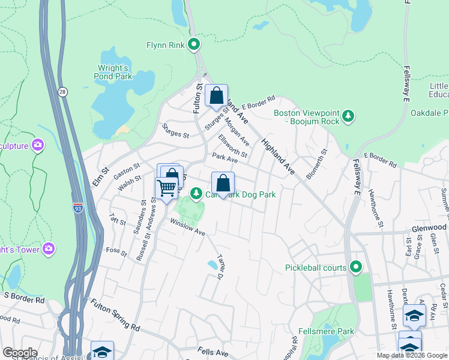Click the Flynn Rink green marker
[x=194, y=44]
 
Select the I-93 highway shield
[x=78, y=208]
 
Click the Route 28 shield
[x=62, y=91]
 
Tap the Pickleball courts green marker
[x=356, y=266]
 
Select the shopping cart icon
[x=166, y=187]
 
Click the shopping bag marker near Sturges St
[x=215, y=95]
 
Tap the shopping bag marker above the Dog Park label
[x=223, y=183]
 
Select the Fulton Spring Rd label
[x=115, y=316]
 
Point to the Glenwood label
[x=429, y=228]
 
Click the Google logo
[x=19, y=353]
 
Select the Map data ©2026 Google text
[x=412, y=355]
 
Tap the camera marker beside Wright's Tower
[x=49, y=248]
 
